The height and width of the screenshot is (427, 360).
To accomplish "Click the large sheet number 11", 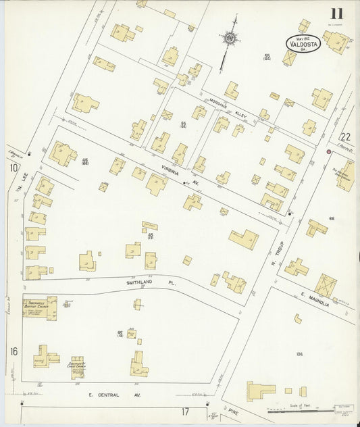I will (x=336, y=13).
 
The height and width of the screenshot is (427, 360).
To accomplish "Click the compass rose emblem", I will (x=231, y=39).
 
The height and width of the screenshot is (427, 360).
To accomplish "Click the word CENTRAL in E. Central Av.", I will (x=108, y=395).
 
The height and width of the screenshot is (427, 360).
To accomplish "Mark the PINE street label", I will (x=235, y=410).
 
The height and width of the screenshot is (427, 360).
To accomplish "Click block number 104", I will (x=301, y=353).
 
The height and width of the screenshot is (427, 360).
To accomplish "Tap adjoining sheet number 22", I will (x=346, y=136).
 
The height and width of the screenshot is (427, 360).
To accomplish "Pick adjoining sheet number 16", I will (x=14, y=351).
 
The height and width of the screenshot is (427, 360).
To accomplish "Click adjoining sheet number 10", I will (x=13, y=167).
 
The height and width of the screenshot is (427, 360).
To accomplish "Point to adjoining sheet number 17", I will (x=184, y=411).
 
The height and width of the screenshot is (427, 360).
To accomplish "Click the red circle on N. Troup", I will (x=328, y=152).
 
